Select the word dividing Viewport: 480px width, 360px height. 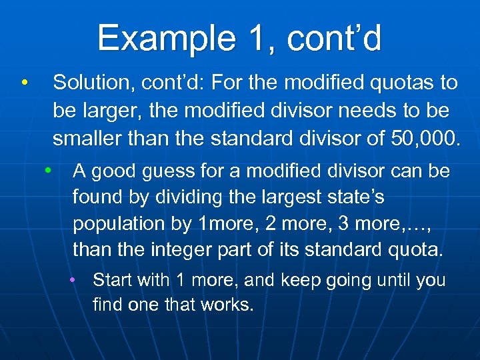click(x=194, y=198)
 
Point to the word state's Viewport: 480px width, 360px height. click(x=357, y=198)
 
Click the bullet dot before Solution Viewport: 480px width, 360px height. click(x=24, y=83)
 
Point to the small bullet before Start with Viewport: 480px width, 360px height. click(x=75, y=280)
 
